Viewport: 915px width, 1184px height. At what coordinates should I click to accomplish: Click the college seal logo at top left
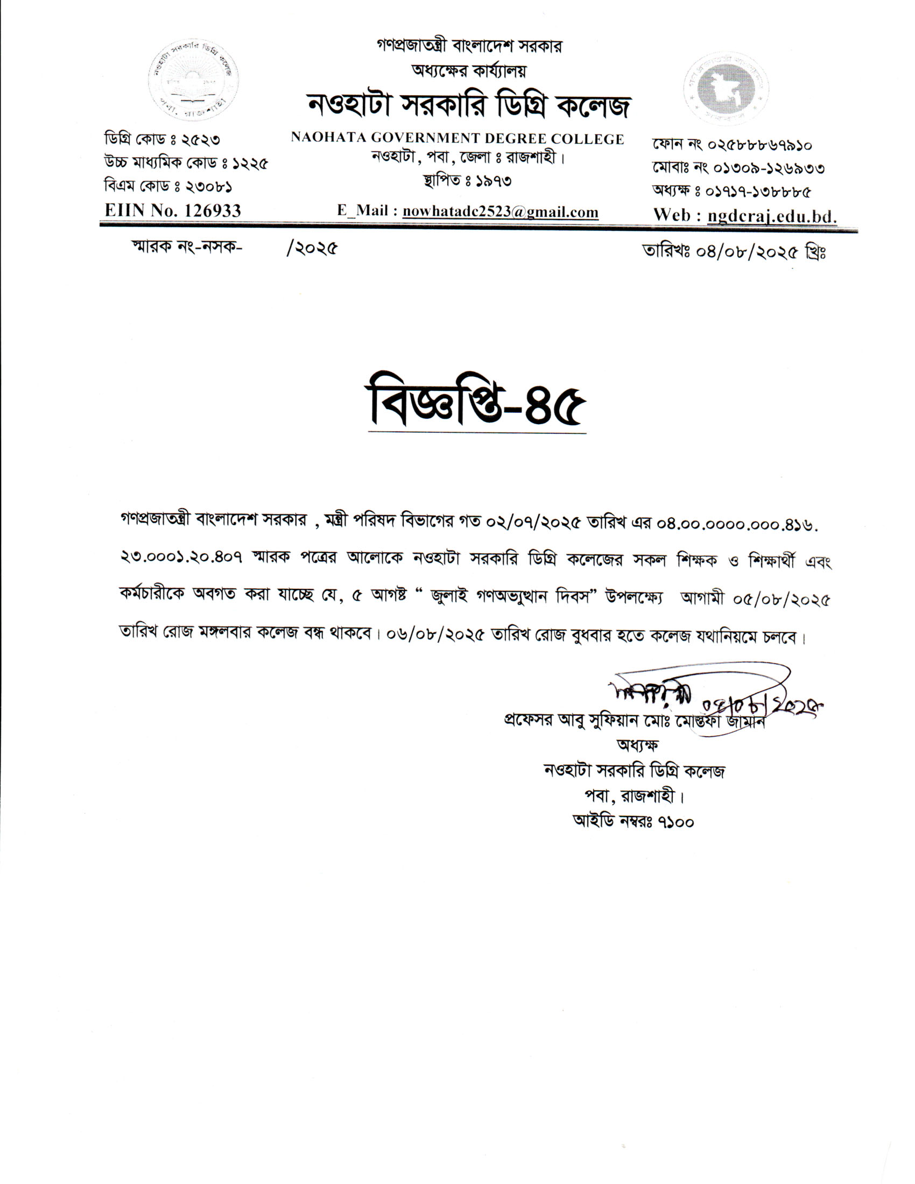coord(194,80)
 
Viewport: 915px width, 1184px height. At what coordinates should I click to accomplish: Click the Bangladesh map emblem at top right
coord(726,88)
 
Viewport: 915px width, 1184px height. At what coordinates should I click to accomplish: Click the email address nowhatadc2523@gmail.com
coord(501,212)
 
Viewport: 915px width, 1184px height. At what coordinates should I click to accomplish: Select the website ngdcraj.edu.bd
coord(772,216)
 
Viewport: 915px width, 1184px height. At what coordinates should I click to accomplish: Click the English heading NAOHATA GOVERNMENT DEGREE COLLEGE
coord(457,139)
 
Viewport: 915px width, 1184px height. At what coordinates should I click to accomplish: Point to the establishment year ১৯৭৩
coord(493,180)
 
